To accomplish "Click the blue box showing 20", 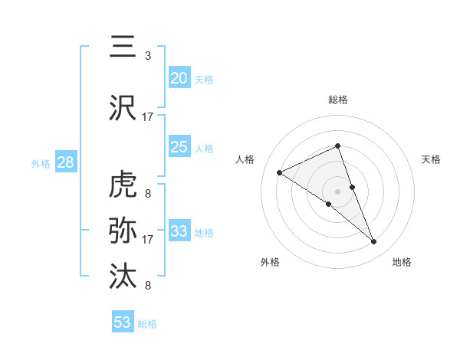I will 179,78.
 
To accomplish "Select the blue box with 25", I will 179,147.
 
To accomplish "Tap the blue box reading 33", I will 179,231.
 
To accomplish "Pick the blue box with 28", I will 64,162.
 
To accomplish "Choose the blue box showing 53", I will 123,322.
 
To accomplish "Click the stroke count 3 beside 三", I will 148,57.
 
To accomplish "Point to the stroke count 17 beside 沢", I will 148,117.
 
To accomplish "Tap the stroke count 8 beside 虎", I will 148,194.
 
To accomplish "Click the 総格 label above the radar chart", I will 338,100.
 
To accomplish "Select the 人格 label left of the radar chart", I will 245,159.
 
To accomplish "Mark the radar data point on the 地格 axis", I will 374,241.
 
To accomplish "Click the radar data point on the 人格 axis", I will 280,172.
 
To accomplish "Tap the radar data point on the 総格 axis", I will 338,146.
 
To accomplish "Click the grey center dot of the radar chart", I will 338,191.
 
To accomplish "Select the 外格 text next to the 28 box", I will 40,163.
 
